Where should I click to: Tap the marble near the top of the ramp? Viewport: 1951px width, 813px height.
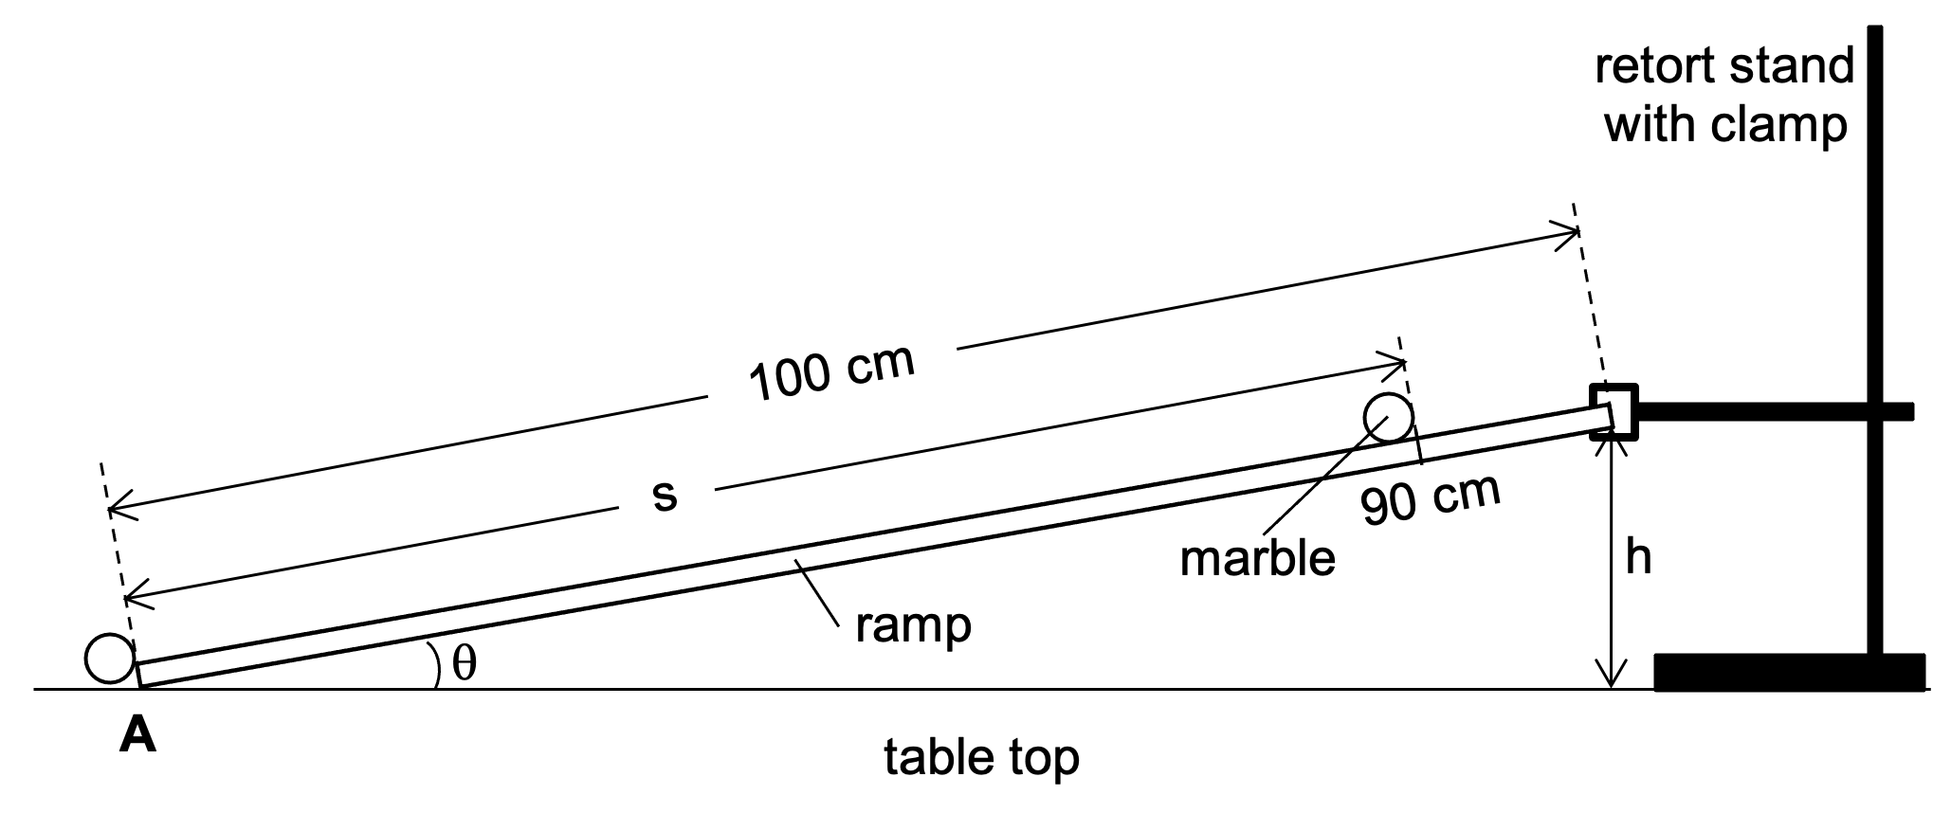[x=1388, y=417]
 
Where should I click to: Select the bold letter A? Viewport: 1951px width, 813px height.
[x=137, y=735]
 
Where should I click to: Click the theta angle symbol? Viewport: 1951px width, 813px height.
[x=464, y=664]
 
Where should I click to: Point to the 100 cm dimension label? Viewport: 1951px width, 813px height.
[x=831, y=371]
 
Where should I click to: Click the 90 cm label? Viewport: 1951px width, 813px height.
[x=1431, y=498]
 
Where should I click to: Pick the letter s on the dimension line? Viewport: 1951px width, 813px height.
[x=665, y=496]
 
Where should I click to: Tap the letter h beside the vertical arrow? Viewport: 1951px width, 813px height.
[x=1638, y=558]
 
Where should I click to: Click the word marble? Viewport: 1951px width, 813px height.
[x=1257, y=559]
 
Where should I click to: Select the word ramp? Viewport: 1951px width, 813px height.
[x=913, y=625]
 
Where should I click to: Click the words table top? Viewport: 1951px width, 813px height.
[x=981, y=758]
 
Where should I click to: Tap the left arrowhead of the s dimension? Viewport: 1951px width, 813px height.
[x=132, y=598]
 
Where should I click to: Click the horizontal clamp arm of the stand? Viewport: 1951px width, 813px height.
[x=1773, y=411]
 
